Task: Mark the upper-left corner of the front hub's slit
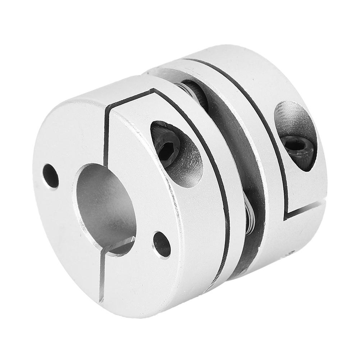(108, 109)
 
